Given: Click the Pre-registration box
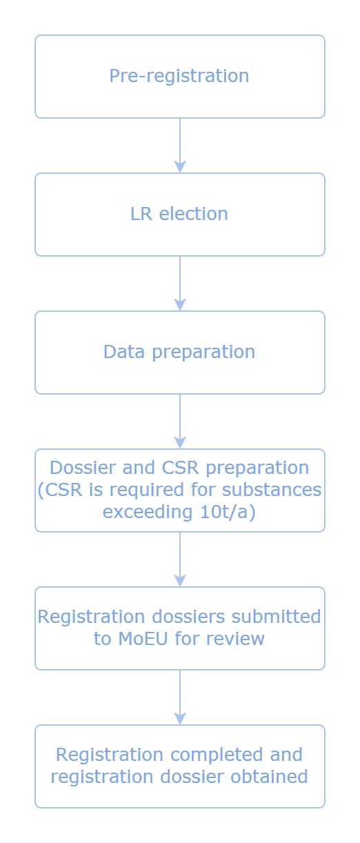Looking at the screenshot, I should [179, 77].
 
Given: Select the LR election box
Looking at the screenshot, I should [179, 215].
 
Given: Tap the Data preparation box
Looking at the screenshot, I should [179, 353].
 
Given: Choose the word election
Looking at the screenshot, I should [193, 214].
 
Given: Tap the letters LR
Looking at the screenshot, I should [141, 214].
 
